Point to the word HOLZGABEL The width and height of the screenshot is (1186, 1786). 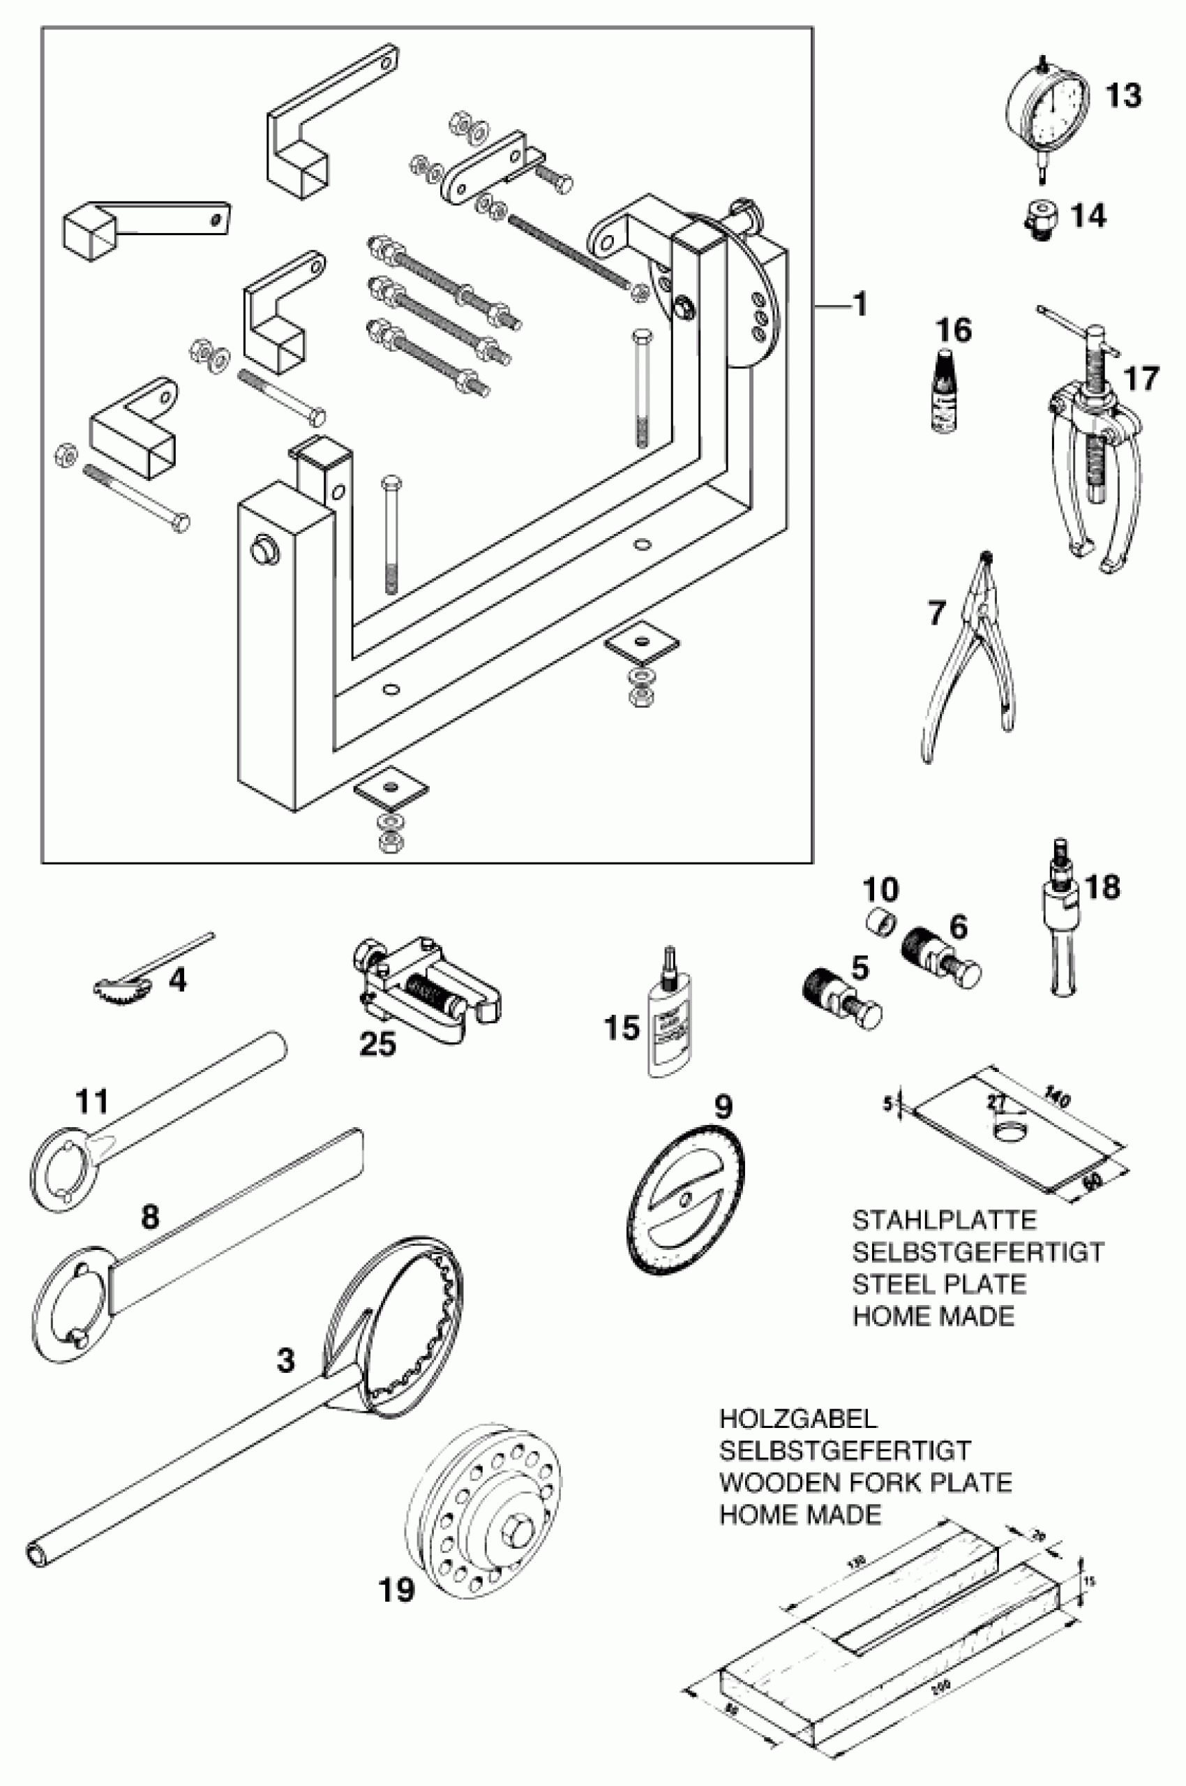click(x=798, y=1419)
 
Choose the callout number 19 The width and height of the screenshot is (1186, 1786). click(x=397, y=1589)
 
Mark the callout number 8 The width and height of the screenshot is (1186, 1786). click(x=151, y=1217)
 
